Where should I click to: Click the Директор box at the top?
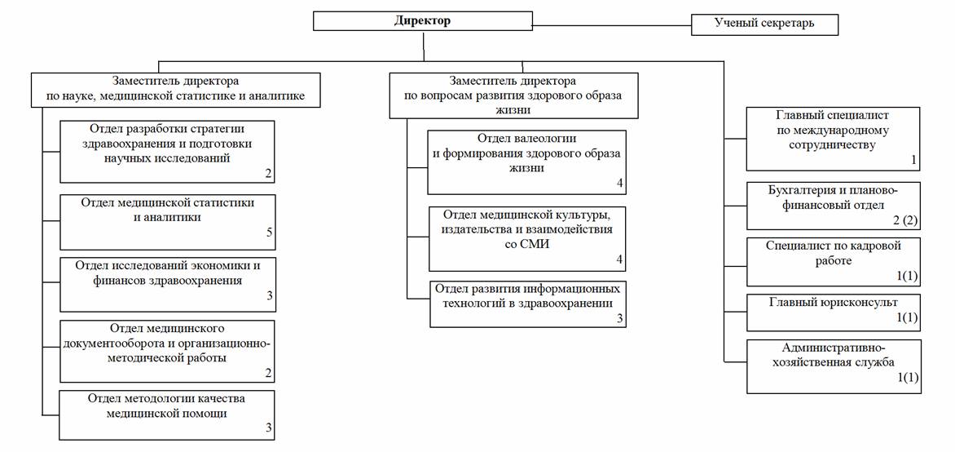tap(423, 21)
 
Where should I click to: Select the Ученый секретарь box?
tap(764, 24)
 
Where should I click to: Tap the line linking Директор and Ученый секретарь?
tap(612, 25)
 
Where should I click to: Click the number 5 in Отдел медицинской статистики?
tap(268, 233)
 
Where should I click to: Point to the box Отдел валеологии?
tap(527, 162)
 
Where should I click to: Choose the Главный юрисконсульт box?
tap(834, 312)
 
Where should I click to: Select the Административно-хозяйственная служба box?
tap(834, 366)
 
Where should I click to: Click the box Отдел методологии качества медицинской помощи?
tap(168, 414)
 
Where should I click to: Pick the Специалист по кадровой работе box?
tap(834, 262)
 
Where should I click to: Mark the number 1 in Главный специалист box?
tap(913, 161)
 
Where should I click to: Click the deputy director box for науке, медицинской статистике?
tap(176, 91)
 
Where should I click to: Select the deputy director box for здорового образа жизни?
tap(514, 95)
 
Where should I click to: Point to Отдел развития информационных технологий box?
tap(528, 304)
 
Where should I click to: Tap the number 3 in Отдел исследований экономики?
tap(268, 296)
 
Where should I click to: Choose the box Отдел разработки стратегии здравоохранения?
tap(168, 151)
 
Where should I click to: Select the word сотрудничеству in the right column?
tap(833, 145)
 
